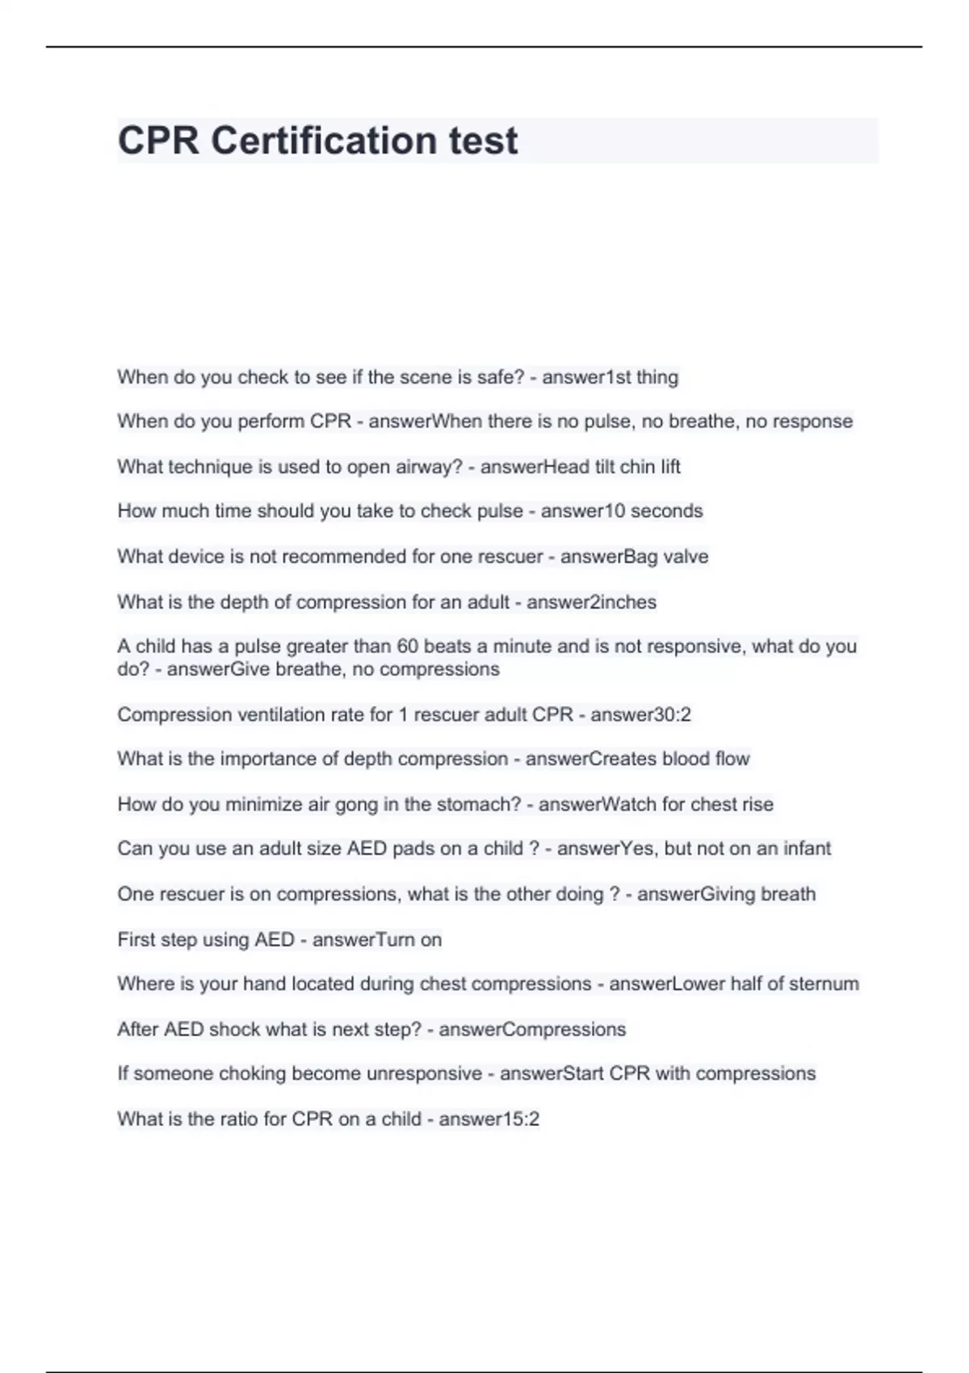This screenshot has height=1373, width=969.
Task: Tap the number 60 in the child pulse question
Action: [x=408, y=646]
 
